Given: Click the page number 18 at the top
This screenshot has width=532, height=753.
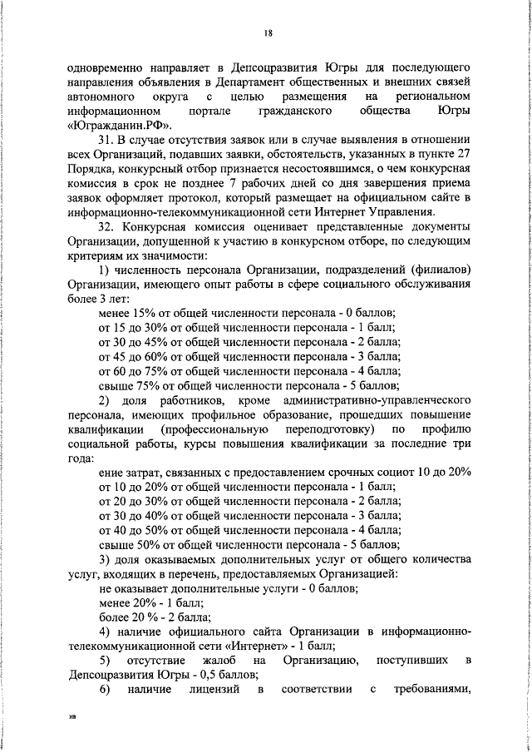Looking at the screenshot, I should point(268,33).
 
